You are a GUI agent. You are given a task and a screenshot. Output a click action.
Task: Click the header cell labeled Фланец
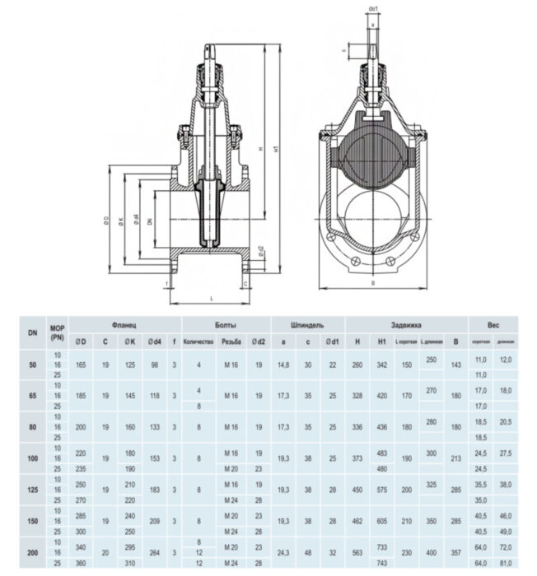click(124, 325)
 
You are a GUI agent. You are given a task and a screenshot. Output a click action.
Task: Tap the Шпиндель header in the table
click(306, 325)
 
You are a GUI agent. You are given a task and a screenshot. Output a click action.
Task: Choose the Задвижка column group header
click(406, 325)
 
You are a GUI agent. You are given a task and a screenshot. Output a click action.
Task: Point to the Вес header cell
click(493, 325)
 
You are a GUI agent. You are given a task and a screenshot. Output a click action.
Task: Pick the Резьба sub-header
click(231, 341)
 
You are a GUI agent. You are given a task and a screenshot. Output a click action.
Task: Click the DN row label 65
click(32, 397)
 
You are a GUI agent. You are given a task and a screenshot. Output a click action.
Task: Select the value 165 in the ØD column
click(81, 363)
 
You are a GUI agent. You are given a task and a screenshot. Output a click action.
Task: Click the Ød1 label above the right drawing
click(374, 9)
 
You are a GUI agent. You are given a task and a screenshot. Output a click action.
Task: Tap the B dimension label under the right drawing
click(374, 283)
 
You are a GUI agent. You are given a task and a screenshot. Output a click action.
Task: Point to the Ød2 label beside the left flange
click(260, 251)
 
